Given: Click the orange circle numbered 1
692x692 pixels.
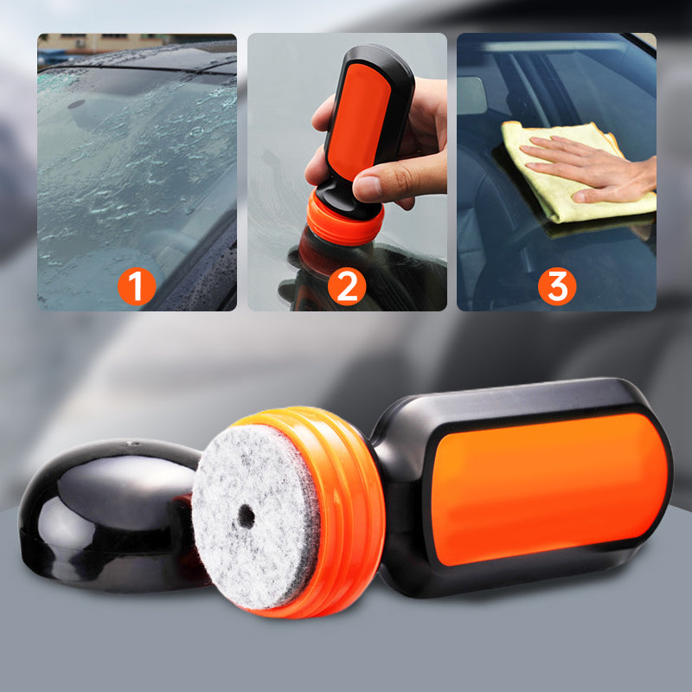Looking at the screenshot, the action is click(137, 286).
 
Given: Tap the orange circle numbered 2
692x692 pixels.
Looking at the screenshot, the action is click(347, 286).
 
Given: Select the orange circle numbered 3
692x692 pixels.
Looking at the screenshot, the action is click(557, 286).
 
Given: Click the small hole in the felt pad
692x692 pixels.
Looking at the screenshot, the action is click(246, 516).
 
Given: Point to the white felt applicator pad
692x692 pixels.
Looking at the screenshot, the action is click(255, 516).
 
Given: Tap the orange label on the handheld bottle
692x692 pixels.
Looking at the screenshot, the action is click(358, 119).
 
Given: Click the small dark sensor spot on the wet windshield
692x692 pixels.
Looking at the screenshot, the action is click(76, 104).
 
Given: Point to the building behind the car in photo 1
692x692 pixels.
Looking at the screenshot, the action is click(101, 42).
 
